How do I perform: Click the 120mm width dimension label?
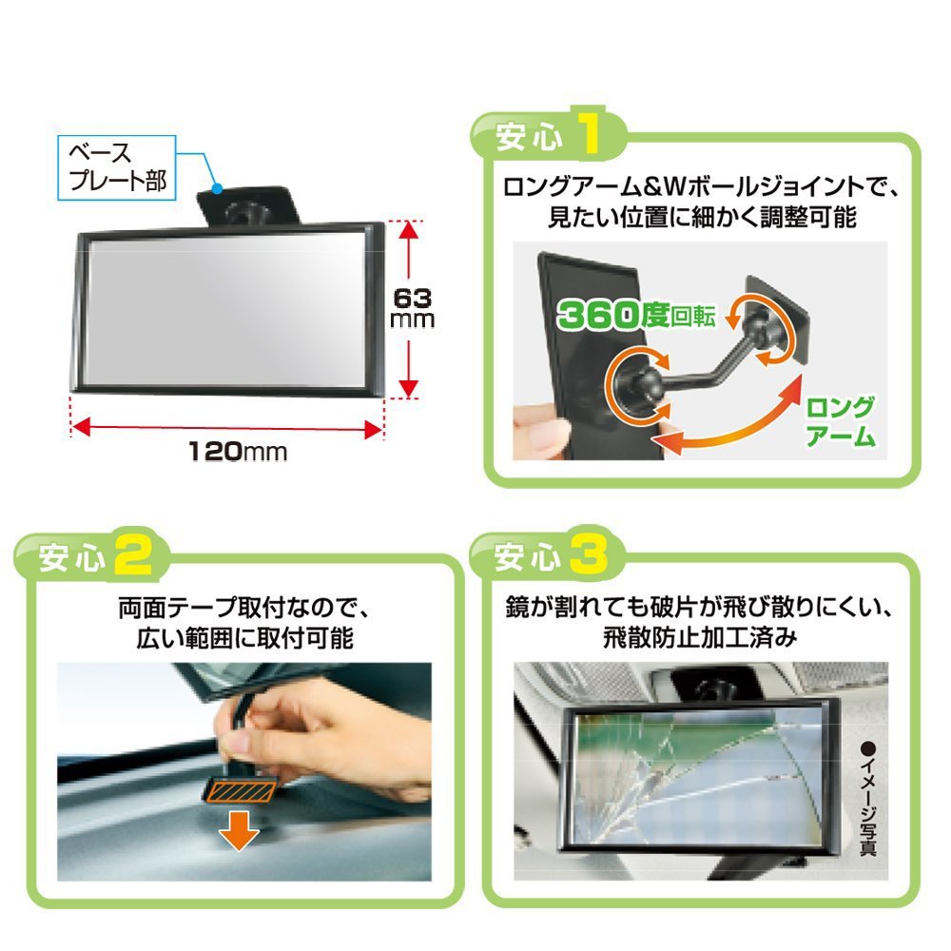click(x=237, y=451)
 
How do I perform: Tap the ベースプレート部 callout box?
click(x=116, y=168)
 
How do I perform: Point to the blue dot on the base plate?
click(x=217, y=188)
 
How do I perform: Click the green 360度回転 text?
click(x=636, y=315)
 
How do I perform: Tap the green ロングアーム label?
click(x=840, y=422)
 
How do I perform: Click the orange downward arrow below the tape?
click(x=239, y=831)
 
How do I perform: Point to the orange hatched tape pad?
click(x=240, y=791)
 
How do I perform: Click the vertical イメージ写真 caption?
click(x=868, y=798)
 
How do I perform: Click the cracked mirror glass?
click(x=697, y=776)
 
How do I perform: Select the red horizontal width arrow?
click(x=227, y=428)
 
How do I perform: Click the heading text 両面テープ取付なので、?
click(x=243, y=608)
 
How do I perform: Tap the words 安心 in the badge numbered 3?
click(x=527, y=556)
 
